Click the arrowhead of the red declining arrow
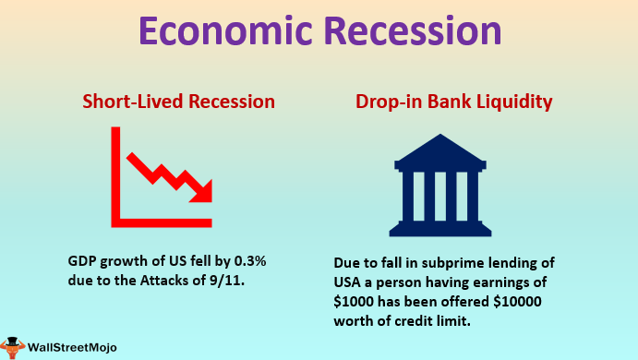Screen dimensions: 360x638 pyautogui.click(x=202, y=190)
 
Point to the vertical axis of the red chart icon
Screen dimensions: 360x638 pyautogui.click(x=117, y=175)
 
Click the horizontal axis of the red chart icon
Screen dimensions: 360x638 pyautogui.click(x=162, y=222)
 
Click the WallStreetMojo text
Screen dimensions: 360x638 pyautogui.click(x=79, y=348)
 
